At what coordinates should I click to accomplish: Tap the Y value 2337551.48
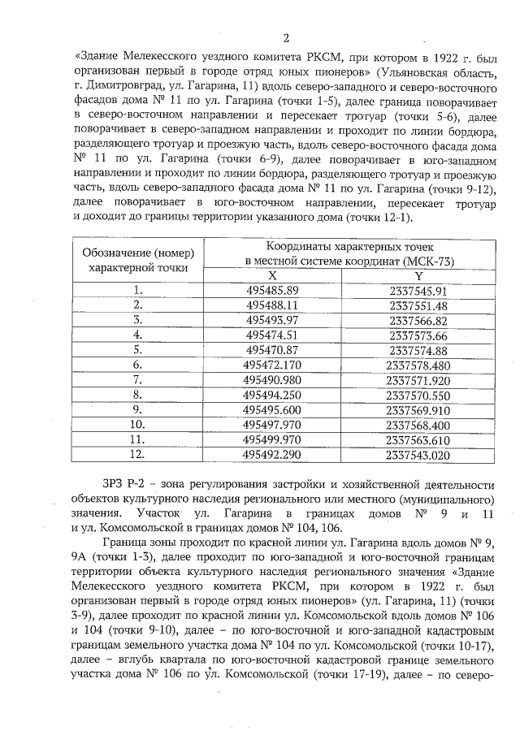coord(418,305)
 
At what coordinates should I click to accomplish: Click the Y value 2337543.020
coord(418,455)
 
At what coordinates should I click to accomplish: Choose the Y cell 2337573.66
coord(418,335)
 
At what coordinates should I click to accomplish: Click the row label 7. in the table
coord(139,380)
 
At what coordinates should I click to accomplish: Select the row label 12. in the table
coord(139,455)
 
